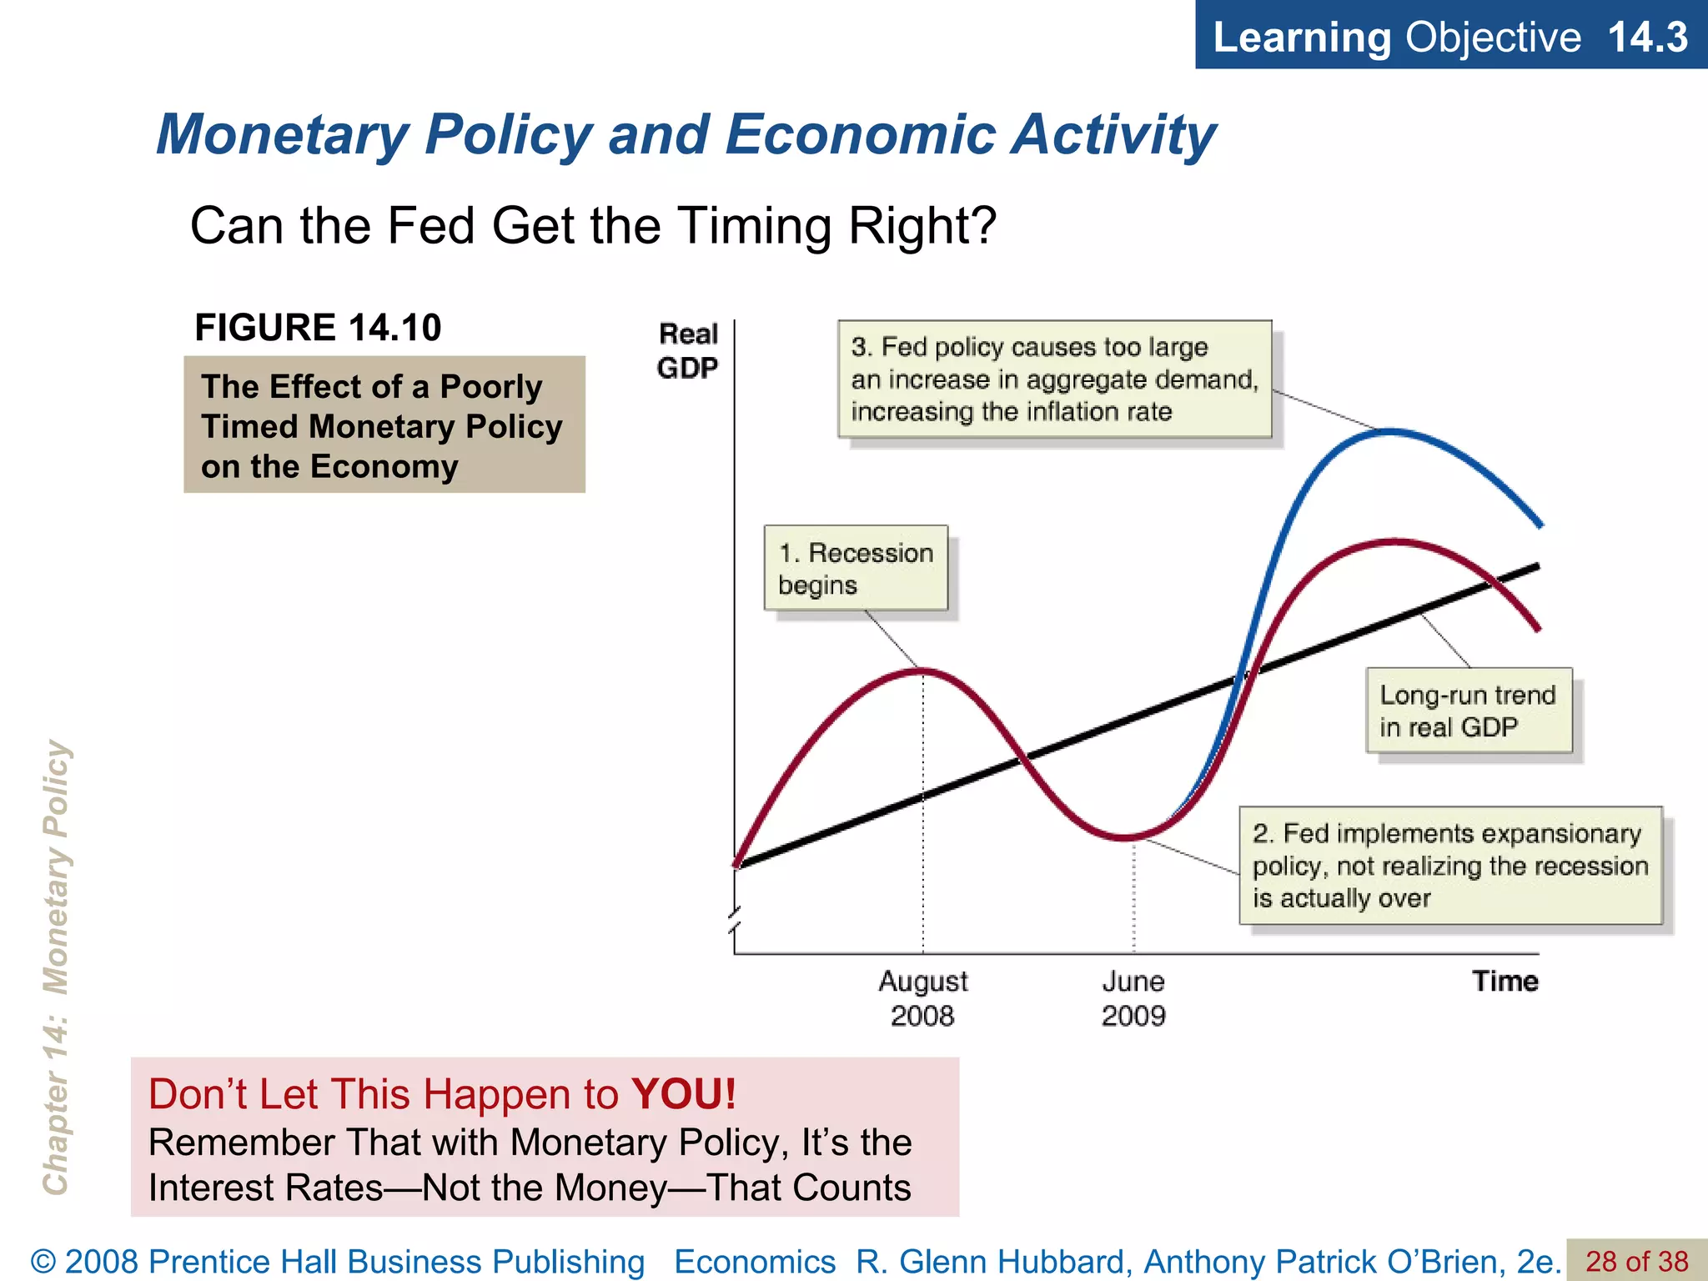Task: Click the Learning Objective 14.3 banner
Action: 1450,37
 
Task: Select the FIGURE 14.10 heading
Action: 318,327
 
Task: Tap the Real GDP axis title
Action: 687,351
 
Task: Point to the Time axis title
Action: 1505,981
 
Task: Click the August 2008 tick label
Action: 922,998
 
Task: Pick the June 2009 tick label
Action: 1133,998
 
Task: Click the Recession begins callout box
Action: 856,568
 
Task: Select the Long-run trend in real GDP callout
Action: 1468,711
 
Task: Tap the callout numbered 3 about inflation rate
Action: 1054,379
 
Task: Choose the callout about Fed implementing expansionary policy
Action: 1450,866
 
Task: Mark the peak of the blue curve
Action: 1390,431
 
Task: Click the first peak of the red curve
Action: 923,670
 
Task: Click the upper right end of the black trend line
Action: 1536,567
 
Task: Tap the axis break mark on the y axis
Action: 734,921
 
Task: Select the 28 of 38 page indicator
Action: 1636,1261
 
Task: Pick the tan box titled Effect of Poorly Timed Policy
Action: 384,425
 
